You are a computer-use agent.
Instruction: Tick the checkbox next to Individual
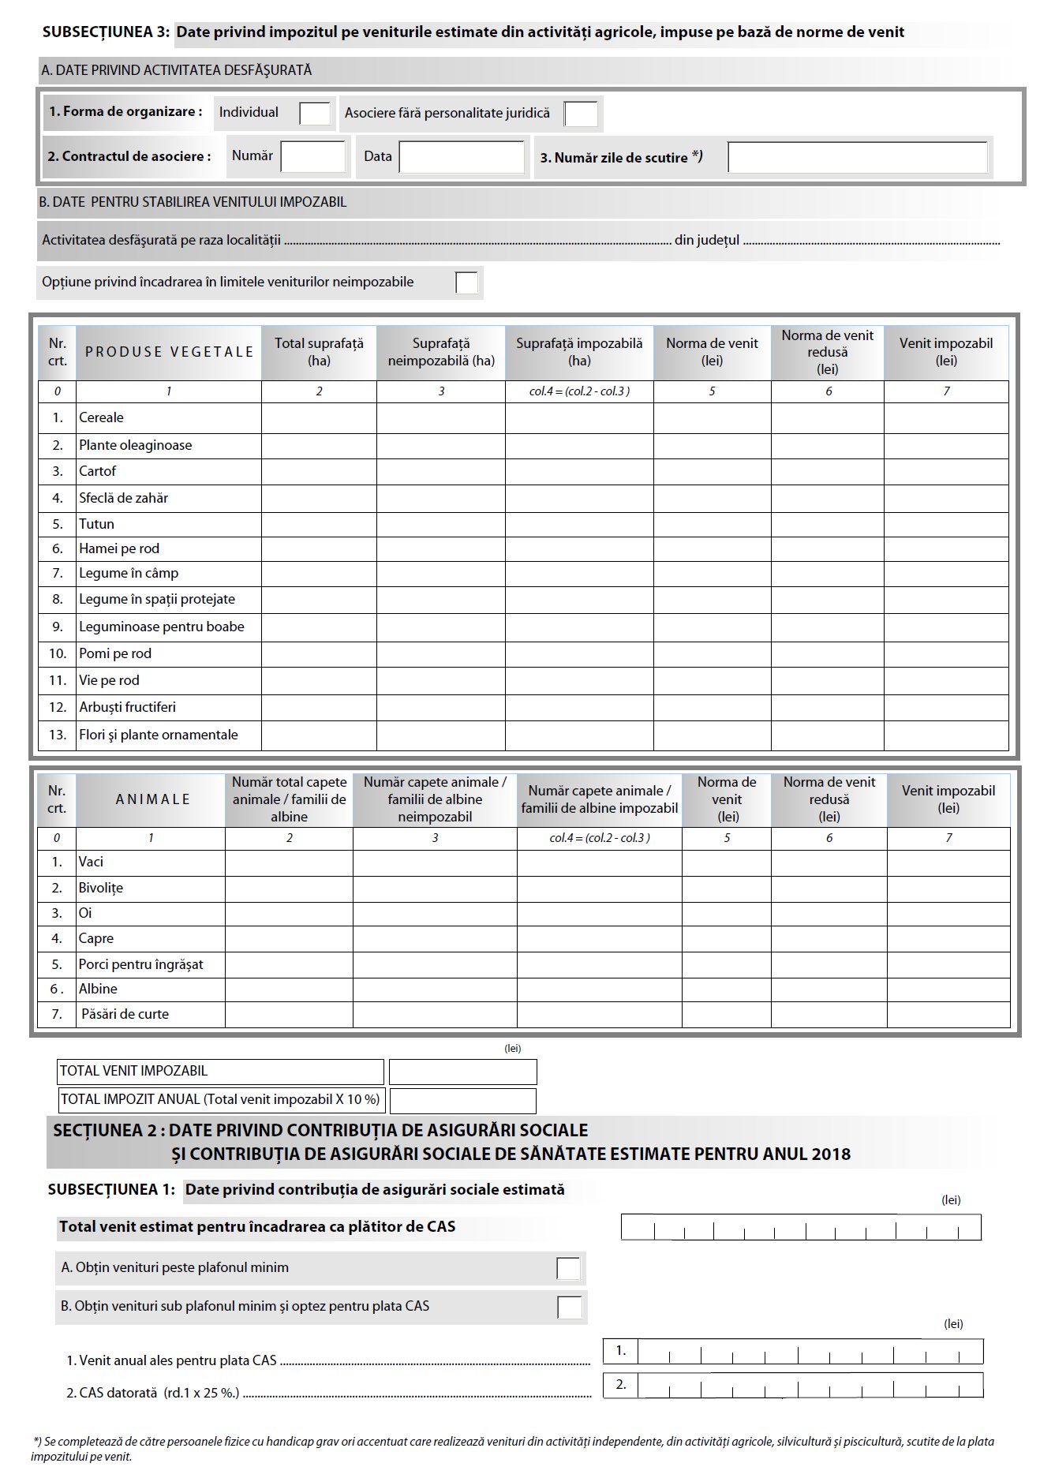coord(315,114)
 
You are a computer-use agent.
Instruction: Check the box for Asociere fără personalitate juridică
coord(581,114)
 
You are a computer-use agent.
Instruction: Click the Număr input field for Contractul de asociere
coord(313,156)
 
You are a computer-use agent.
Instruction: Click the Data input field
coord(462,156)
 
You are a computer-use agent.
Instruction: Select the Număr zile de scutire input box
coord(857,157)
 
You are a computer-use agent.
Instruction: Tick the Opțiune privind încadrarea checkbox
coord(466,283)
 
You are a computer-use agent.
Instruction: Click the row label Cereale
coord(101,417)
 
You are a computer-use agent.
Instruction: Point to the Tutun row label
coord(96,524)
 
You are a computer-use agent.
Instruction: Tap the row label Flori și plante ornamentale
coord(158,735)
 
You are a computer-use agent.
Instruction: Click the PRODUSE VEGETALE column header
coord(169,352)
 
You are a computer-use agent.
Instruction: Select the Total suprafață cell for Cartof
coord(319,472)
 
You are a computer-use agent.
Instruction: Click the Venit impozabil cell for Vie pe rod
coord(946,680)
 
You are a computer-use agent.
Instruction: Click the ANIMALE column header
coord(152,799)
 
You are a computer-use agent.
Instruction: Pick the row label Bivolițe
coord(100,888)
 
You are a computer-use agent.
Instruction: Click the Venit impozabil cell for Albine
coord(948,990)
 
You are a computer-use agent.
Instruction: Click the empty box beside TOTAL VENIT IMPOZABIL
coord(462,1072)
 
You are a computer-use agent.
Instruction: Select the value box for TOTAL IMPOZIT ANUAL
coord(462,1100)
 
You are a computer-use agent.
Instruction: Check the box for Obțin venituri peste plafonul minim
coord(568,1268)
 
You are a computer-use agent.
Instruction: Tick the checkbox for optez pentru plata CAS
coord(569,1307)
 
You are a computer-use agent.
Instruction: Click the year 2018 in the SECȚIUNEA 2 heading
coord(830,1154)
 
